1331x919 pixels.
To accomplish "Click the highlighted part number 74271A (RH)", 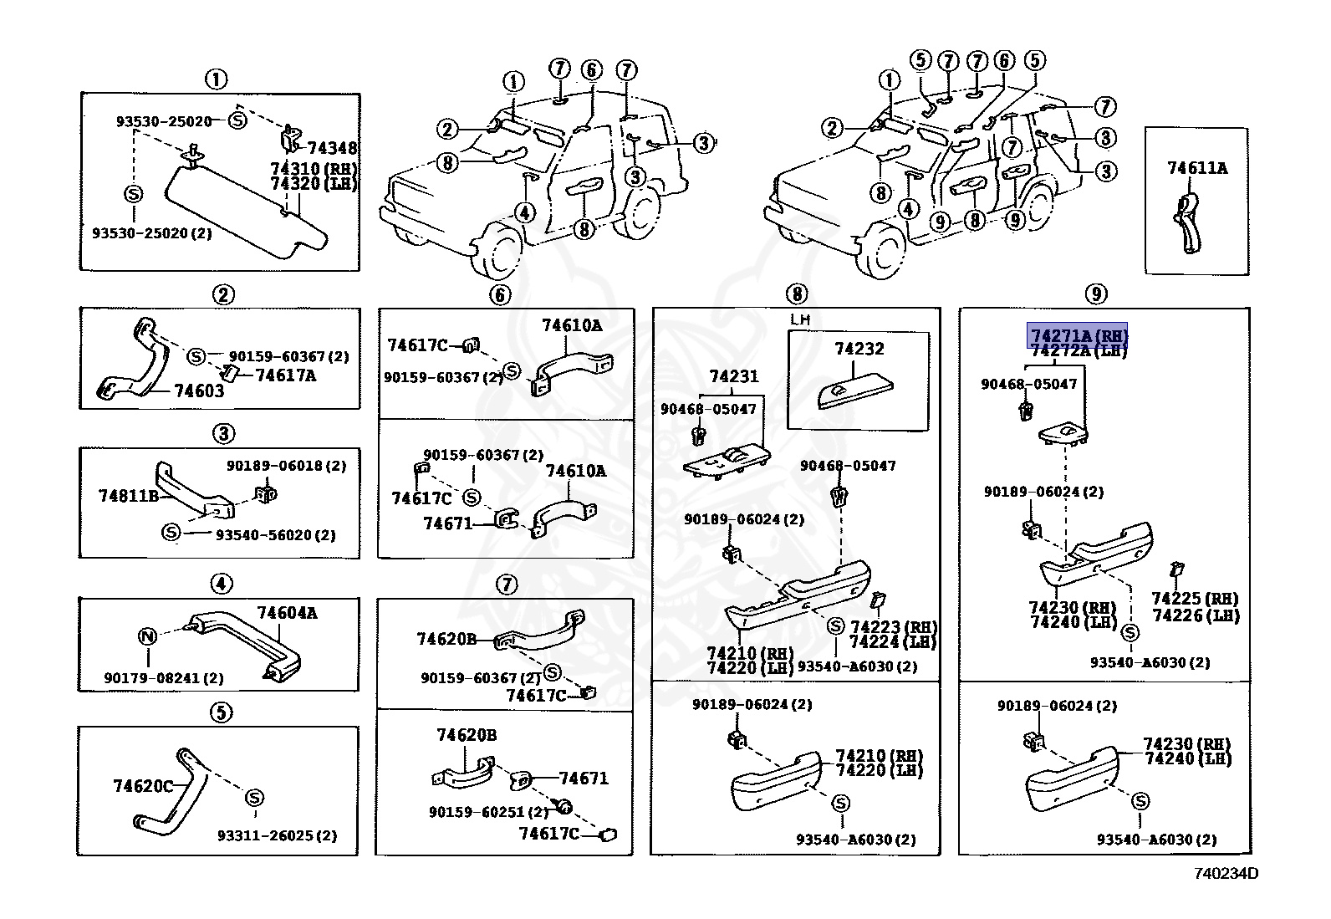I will (x=1079, y=336).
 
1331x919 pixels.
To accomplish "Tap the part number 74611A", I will (x=1196, y=168).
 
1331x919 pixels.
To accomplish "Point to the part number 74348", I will (x=331, y=148).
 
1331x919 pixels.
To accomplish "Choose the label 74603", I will (x=199, y=391).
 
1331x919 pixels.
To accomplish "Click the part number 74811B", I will (x=128, y=495).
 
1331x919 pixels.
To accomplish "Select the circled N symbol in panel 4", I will (x=147, y=636).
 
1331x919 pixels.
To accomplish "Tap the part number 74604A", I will (x=287, y=613).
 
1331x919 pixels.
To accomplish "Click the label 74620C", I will (x=143, y=786).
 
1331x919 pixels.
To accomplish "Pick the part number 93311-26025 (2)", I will (x=277, y=835).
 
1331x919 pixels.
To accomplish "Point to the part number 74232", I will (x=859, y=349).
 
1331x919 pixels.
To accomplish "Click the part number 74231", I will (x=733, y=376).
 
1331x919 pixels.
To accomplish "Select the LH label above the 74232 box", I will (x=800, y=319).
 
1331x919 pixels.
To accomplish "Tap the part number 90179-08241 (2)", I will (x=164, y=678).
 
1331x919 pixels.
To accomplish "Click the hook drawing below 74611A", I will (x=1188, y=222).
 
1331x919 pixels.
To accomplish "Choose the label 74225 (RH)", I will (x=1194, y=599).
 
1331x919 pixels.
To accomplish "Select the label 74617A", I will (x=285, y=375).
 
